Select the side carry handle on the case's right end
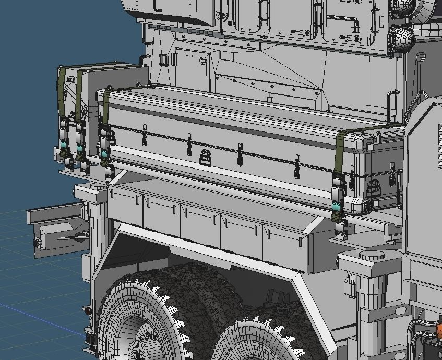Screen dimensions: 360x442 point(374,187)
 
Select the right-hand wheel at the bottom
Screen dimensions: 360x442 point(256,339)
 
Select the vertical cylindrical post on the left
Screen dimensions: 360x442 point(97,224)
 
